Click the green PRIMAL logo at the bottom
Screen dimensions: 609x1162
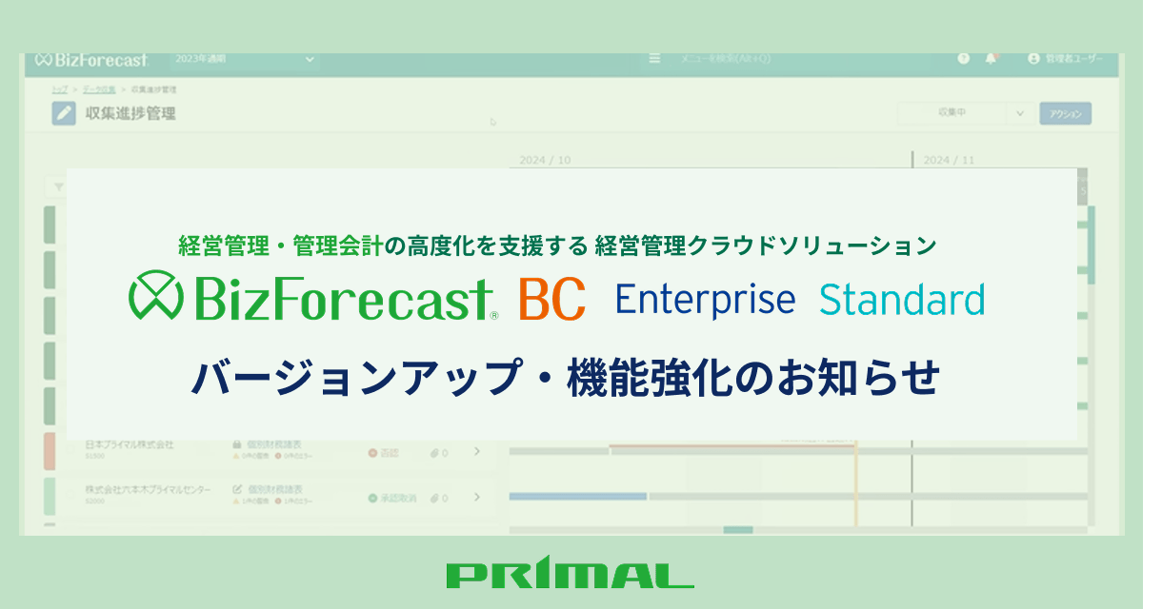point(570,575)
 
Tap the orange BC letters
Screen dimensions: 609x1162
point(551,300)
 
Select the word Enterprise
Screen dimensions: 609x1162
point(705,299)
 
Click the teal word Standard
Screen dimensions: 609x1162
point(902,299)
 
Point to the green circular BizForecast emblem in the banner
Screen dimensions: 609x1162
point(156,298)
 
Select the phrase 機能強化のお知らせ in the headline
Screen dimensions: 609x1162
point(753,378)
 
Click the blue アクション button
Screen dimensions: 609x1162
point(1065,113)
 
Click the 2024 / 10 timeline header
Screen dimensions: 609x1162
point(545,160)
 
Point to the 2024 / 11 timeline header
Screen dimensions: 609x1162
point(949,160)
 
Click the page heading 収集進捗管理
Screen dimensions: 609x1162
point(130,114)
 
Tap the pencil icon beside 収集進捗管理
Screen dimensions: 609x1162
point(64,114)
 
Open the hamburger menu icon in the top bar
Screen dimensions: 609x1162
point(654,59)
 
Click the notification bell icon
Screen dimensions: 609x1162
point(991,59)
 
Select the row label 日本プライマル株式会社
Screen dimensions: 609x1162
point(129,444)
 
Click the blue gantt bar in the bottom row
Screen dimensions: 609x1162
point(577,496)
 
